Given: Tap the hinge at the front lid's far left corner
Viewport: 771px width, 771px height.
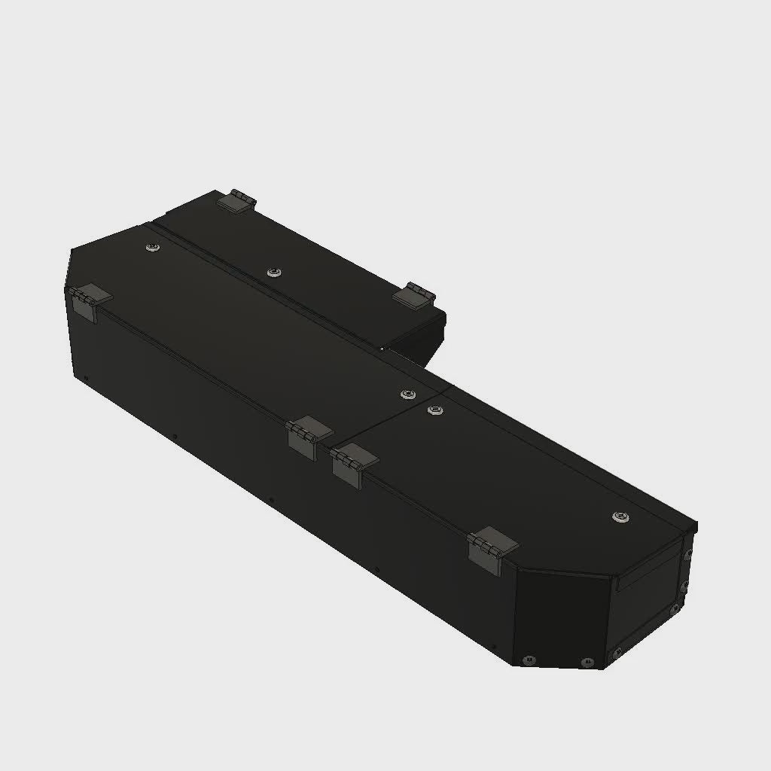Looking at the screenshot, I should [x=87, y=300].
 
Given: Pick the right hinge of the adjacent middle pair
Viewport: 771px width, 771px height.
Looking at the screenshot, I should [x=353, y=462].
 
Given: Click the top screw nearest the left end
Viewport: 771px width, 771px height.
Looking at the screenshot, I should [x=153, y=248].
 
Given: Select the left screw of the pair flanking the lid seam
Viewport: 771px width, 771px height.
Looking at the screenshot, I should [x=407, y=395].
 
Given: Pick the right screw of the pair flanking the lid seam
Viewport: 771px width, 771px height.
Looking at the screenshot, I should [x=434, y=410].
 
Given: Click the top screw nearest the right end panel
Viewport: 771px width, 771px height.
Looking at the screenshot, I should [x=620, y=516].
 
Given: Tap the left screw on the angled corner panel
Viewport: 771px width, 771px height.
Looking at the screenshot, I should [x=529, y=660].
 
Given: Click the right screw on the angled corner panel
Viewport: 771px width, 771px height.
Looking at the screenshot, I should [x=587, y=663].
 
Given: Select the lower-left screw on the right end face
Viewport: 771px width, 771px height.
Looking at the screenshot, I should [x=617, y=651].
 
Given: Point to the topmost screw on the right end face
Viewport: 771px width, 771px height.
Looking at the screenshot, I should [x=687, y=553].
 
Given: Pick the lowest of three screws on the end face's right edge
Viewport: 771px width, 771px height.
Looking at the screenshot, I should [x=676, y=608].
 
